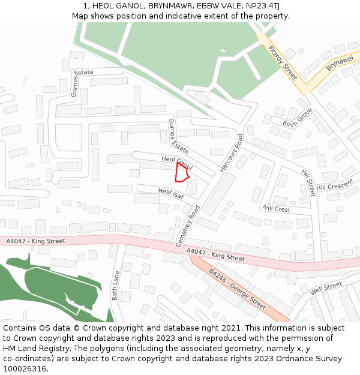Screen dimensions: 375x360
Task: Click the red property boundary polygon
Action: pyautogui.click(x=181, y=172)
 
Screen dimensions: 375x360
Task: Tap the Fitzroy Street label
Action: pyautogui.click(x=283, y=63)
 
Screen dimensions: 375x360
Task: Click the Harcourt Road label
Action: pyautogui.click(x=231, y=153)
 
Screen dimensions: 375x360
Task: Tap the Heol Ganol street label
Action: pyautogui.click(x=177, y=161)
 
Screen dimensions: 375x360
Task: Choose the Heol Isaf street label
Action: pyautogui.click(x=170, y=193)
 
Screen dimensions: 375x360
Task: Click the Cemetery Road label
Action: pyautogui.click(x=187, y=226)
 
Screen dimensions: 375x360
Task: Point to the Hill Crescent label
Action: pyautogui.click(x=335, y=186)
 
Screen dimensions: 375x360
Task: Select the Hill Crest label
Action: pyautogui.click(x=276, y=209)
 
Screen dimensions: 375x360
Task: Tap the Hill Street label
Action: pyautogui.click(x=308, y=182)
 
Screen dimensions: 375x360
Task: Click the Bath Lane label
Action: pyautogui.click(x=116, y=286)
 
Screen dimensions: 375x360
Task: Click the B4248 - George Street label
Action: pyautogui.click(x=237, y=289)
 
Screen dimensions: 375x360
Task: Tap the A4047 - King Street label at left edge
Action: pyautogui.click(x=35, y=241)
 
